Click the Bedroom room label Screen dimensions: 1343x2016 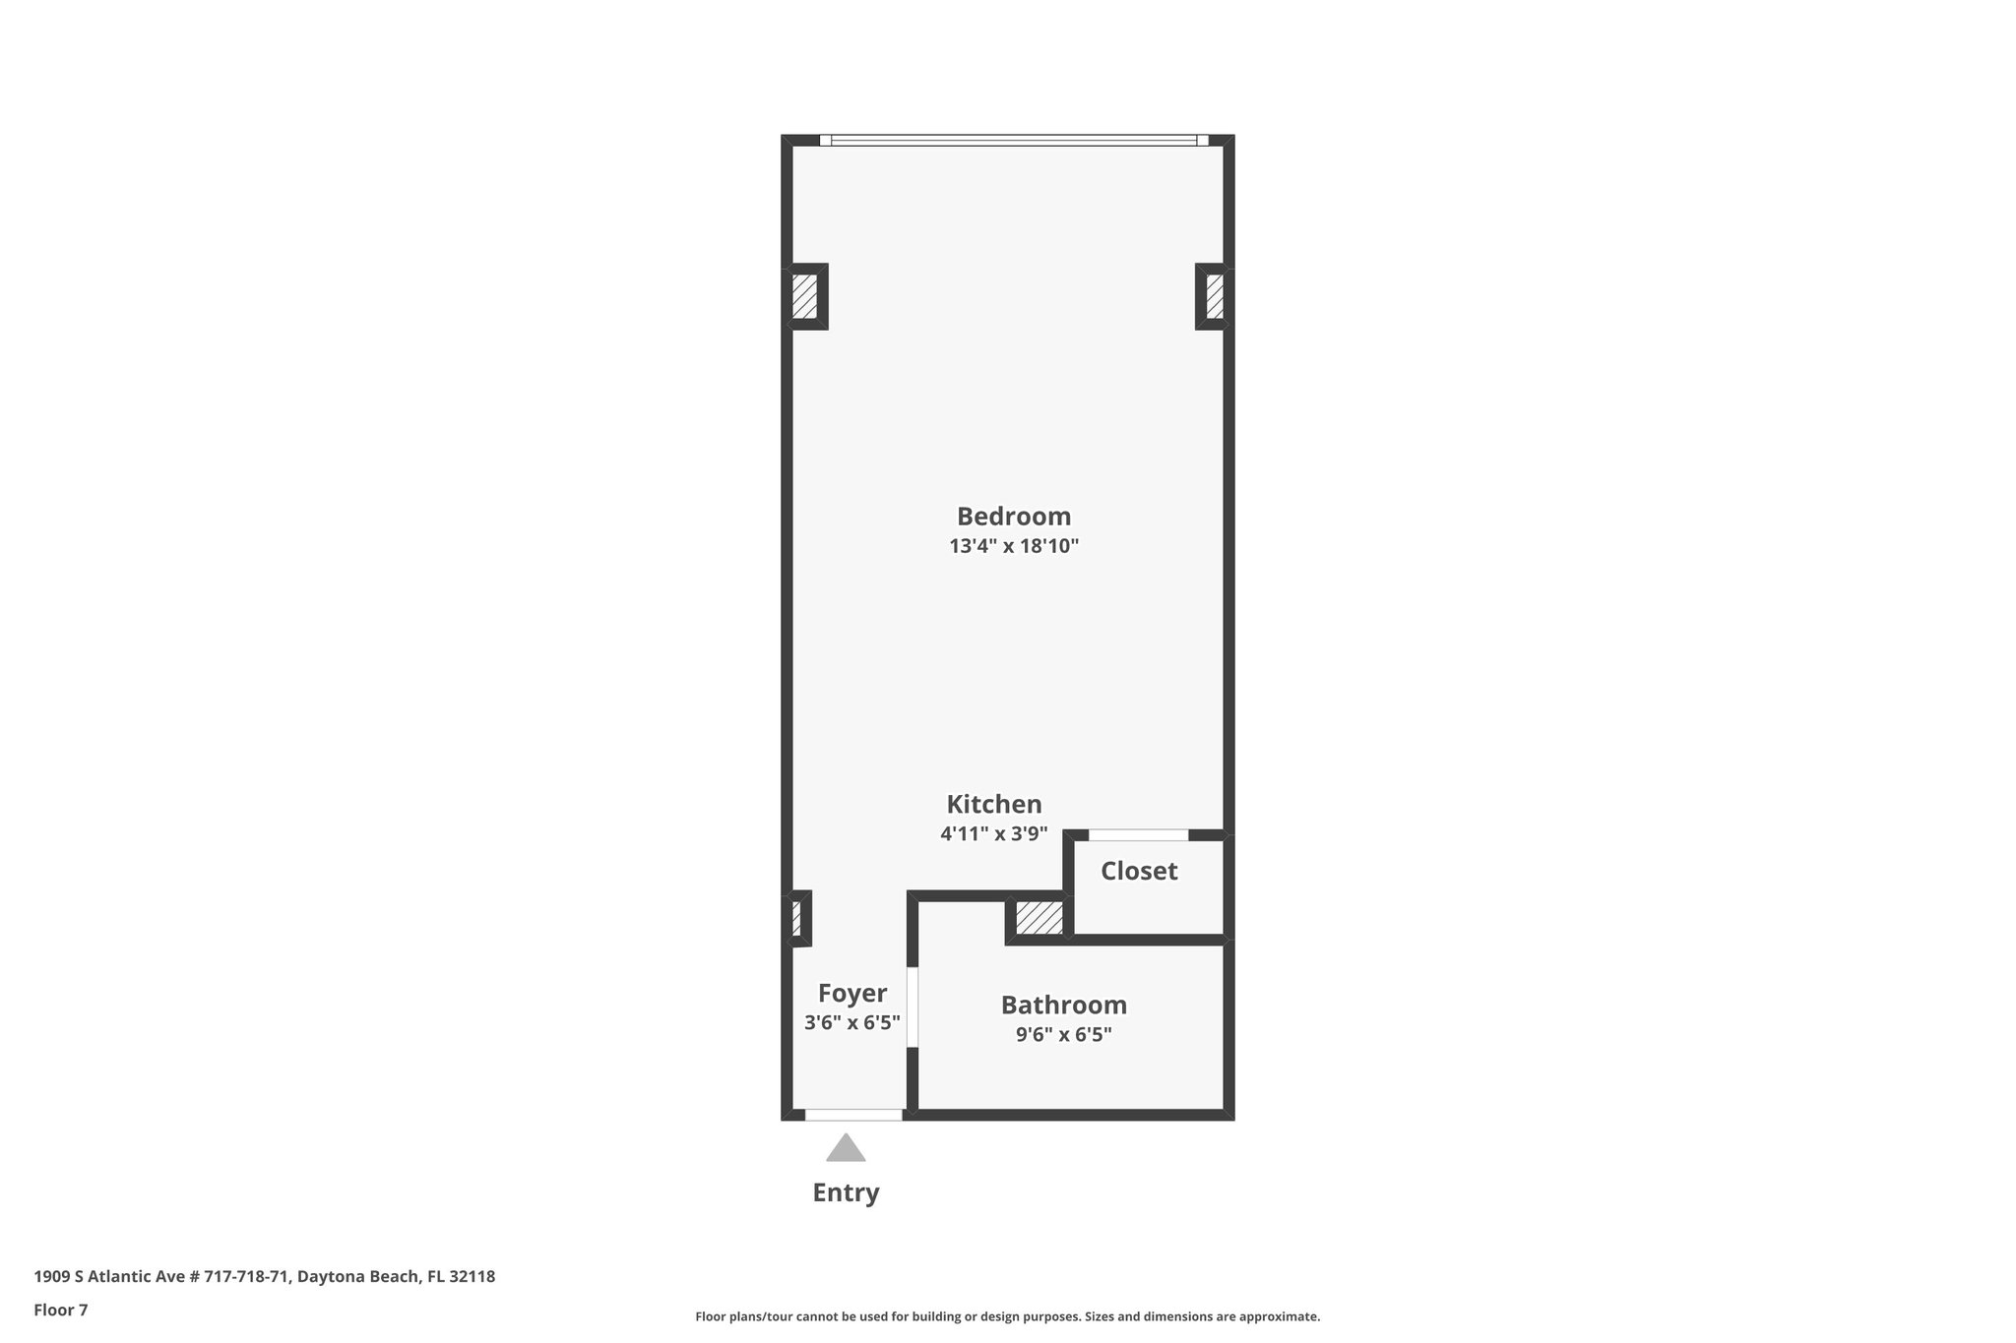point(1014,517)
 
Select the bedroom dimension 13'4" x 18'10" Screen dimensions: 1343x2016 point(1014,546)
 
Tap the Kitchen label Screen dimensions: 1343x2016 point(994,805)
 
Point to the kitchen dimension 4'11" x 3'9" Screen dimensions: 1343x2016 point(994,834)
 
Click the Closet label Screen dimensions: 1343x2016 point(1139,871)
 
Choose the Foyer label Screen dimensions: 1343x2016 point(852,993)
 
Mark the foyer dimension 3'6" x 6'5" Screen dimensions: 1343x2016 point(852,1022)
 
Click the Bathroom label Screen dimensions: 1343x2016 point(1064,1005)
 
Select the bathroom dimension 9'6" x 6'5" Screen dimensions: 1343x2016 point(1064,1034)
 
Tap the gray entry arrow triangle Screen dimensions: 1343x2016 point(846,1149)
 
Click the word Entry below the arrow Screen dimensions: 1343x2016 point(846,1192)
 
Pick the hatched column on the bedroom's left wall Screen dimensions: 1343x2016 point(805,296)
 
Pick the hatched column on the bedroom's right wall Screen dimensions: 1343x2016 point(1215,296)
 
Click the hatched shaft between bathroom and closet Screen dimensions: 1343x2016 point(1039,918)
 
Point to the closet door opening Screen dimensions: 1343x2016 point(1138,835)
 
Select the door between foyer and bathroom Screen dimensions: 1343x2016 point(913,1007)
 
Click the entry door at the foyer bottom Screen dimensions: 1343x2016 point(853,1115)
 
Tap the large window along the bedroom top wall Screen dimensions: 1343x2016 point(1014,141)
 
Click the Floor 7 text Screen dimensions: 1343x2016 point(61,1310)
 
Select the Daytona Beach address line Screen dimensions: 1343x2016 point(265,1276)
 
